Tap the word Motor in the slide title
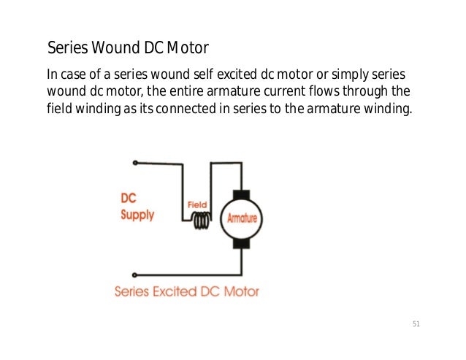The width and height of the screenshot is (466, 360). (x=188, y=49)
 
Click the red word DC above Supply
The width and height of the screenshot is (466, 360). (x=129, y=198)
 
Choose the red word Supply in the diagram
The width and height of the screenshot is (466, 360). (x=137, y=215)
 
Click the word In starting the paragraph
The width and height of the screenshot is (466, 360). (x=50, y=75)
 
